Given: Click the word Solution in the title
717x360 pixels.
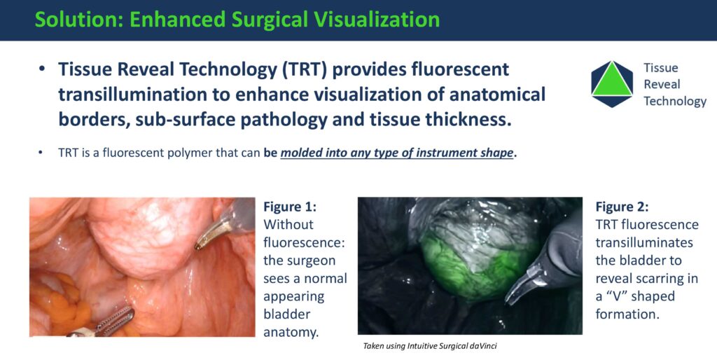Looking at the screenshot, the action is tap(77, 19).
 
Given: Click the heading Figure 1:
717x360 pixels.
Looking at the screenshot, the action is tap(290, 207).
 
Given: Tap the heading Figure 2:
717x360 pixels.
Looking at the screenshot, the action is tap(622, 207).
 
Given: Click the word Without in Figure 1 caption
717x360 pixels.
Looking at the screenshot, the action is tap(288, 225).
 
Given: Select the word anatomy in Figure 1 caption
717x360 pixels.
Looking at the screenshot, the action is tap(291, 333).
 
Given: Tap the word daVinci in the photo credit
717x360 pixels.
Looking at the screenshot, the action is tap(483, 346).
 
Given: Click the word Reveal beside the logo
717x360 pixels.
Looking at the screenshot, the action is tap(662, 85).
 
